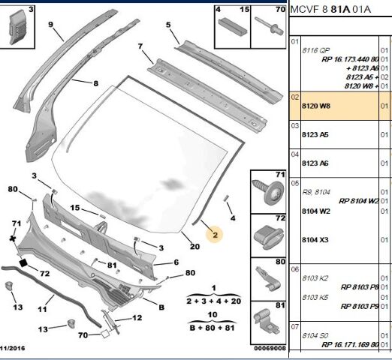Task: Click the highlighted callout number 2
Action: pos(215,235)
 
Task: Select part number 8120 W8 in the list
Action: pos(316,106)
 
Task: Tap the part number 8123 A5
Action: pos(315,135)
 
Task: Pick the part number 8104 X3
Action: pos(315,240)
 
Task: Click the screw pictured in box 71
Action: pos(268,191)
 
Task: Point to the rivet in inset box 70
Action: pos(269,25)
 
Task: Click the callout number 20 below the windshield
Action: pos(194,247)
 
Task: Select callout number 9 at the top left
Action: pos(50,25)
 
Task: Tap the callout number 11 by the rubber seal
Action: pos(42,310)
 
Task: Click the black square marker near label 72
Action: pos(23,262)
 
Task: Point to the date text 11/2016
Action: pos(13,348)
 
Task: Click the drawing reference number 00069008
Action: pos(270,348)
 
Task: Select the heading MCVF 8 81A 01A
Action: pos(330,10)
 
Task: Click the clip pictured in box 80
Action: pos(267,280)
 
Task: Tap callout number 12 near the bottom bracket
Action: pos(137,318)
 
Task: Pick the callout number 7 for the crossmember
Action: pos(140,46)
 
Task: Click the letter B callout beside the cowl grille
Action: pos(161,307)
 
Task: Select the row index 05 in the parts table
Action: pos(295,183)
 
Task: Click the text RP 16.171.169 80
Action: pos(350,345)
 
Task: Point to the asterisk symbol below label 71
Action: pos(13,238)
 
